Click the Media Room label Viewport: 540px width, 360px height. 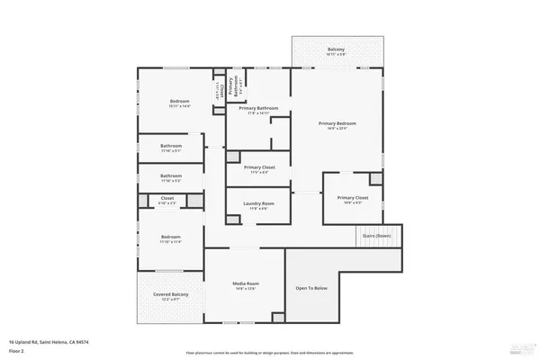(x=246, y=286)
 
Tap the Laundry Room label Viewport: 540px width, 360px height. (x=258, y=205)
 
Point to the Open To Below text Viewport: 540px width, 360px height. (x=311, y=288)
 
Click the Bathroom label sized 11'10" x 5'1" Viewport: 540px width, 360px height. (x=171, y=148)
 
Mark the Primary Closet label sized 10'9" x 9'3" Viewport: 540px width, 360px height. (x=353, y=199)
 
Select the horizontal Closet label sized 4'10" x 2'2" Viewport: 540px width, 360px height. (x=167, y=200)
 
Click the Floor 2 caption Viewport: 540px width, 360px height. (x=17, y=350)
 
